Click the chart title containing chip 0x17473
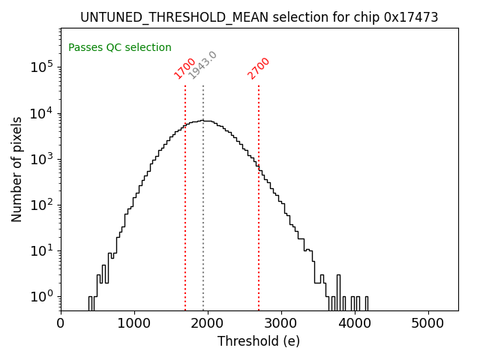259,17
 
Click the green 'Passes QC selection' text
120,47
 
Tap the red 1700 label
184,68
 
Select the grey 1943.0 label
202,65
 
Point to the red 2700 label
258,68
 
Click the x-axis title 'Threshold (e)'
259,341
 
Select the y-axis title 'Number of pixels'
17,169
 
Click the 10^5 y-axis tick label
42,67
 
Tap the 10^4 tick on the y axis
42,112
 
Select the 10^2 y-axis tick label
42,204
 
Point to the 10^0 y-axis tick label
42,295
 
